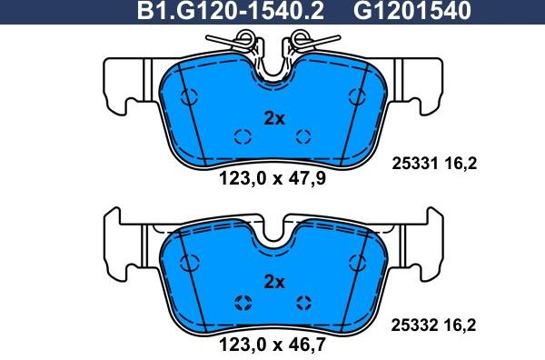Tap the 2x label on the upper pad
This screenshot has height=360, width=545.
point(273,118)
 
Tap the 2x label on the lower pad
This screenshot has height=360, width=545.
point(273,282)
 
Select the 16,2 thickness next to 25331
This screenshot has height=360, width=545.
point(460,164)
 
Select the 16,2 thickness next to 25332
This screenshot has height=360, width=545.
point(460,323)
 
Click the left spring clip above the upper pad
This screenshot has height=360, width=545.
point(238,41)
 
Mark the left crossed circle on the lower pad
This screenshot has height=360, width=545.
point(243,304)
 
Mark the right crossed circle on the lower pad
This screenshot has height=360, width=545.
point(304,304)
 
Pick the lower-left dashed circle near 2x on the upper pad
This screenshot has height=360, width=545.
point(243,137)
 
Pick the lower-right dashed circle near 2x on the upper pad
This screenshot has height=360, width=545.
point(304,137)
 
